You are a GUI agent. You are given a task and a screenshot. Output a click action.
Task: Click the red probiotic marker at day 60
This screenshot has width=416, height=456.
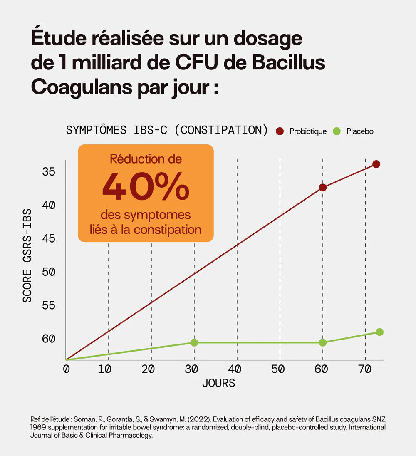click(322, 188)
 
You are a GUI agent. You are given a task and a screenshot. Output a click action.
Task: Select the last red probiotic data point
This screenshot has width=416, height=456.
click(376, 164)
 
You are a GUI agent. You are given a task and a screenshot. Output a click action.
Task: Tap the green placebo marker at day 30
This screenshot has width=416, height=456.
click(194, 342)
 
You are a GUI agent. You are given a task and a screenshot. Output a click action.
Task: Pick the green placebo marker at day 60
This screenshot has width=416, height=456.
click(322, 342)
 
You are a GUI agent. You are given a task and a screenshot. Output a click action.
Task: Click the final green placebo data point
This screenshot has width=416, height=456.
click(379, 332)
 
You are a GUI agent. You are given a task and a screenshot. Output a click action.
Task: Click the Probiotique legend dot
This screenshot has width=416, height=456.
click(280, 131)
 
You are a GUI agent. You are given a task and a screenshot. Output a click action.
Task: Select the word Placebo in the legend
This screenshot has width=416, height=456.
click(360, 131)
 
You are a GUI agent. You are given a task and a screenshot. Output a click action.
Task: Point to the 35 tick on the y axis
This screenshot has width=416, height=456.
click(49, 171)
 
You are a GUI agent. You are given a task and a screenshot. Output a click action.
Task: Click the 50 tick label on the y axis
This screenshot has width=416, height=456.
click(49, 272)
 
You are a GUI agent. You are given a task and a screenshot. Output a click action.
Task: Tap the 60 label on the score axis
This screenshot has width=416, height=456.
click(49, 339)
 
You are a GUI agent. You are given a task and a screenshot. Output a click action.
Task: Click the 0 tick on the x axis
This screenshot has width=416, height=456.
click(66, 369)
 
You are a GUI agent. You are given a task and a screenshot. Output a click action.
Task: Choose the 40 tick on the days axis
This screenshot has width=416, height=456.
click(235, 369)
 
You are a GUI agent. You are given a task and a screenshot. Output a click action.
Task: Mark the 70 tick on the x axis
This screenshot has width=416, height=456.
click(364, 369)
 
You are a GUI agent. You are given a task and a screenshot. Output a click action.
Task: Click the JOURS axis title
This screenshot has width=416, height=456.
click(218, 383)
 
